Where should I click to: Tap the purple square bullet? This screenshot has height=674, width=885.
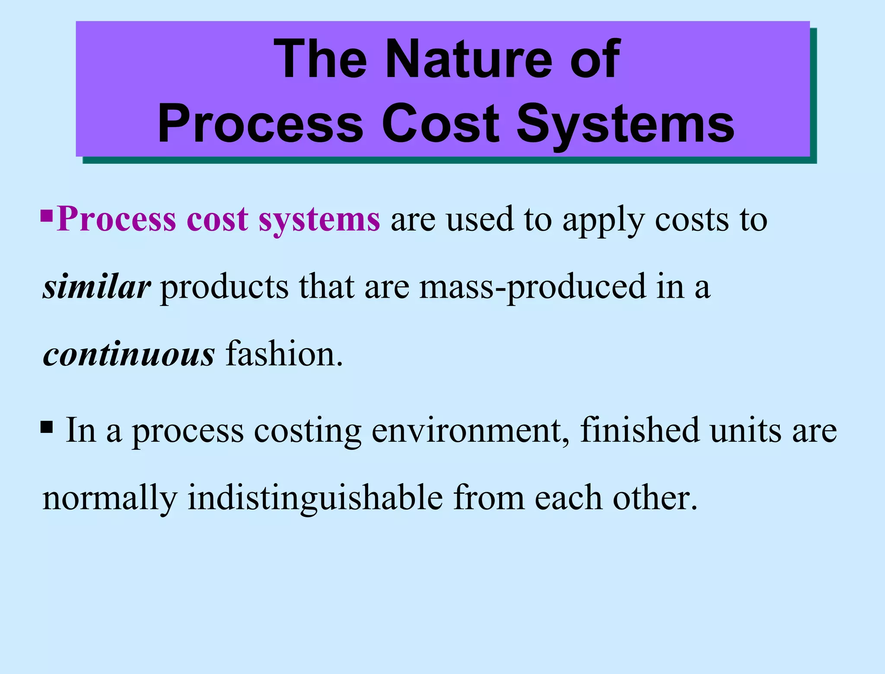point(47,216)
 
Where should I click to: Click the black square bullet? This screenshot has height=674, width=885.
point(47,427)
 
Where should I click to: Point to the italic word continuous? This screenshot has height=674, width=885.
point(129,354)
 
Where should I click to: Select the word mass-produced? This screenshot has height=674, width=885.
point(532,287)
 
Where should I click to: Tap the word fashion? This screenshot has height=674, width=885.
point(284,354)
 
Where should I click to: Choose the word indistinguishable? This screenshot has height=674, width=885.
point(315,498)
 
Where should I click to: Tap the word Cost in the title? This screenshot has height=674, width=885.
point(440,124)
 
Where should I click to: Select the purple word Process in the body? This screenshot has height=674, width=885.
point(116,219)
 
